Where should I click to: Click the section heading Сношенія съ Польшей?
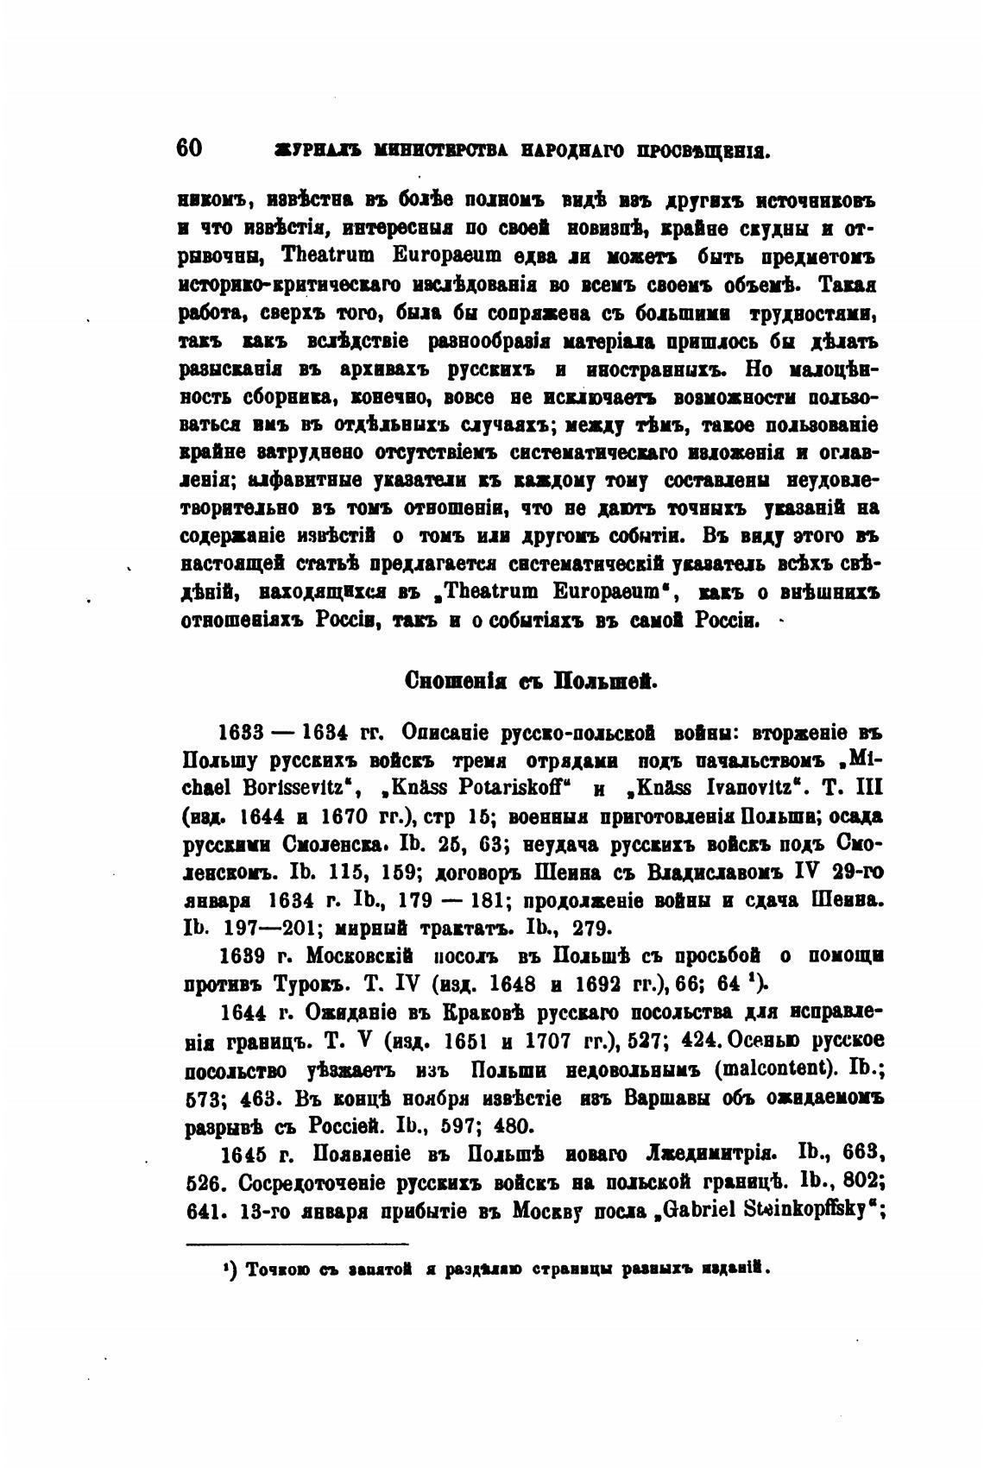coord(532,681)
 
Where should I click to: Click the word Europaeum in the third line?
coord(443,257)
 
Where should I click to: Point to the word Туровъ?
coord(306,984)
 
